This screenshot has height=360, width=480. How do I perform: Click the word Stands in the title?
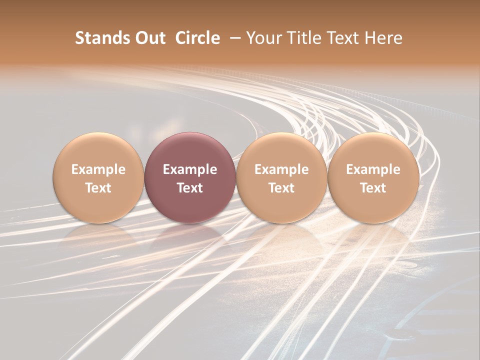(101, 38)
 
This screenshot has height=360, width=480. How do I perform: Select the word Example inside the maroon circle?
(190, 169)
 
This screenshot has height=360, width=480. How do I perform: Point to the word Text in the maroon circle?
(190, 188)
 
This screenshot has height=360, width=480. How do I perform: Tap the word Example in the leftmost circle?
(98, 169)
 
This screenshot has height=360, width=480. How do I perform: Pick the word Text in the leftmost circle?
(98, 188)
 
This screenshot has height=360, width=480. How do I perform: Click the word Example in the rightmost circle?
(373, 169)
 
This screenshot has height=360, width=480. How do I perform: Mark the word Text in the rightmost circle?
(373, 188)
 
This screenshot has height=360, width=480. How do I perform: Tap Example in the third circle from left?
(281, 169)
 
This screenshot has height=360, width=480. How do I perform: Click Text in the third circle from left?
(281, 188)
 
